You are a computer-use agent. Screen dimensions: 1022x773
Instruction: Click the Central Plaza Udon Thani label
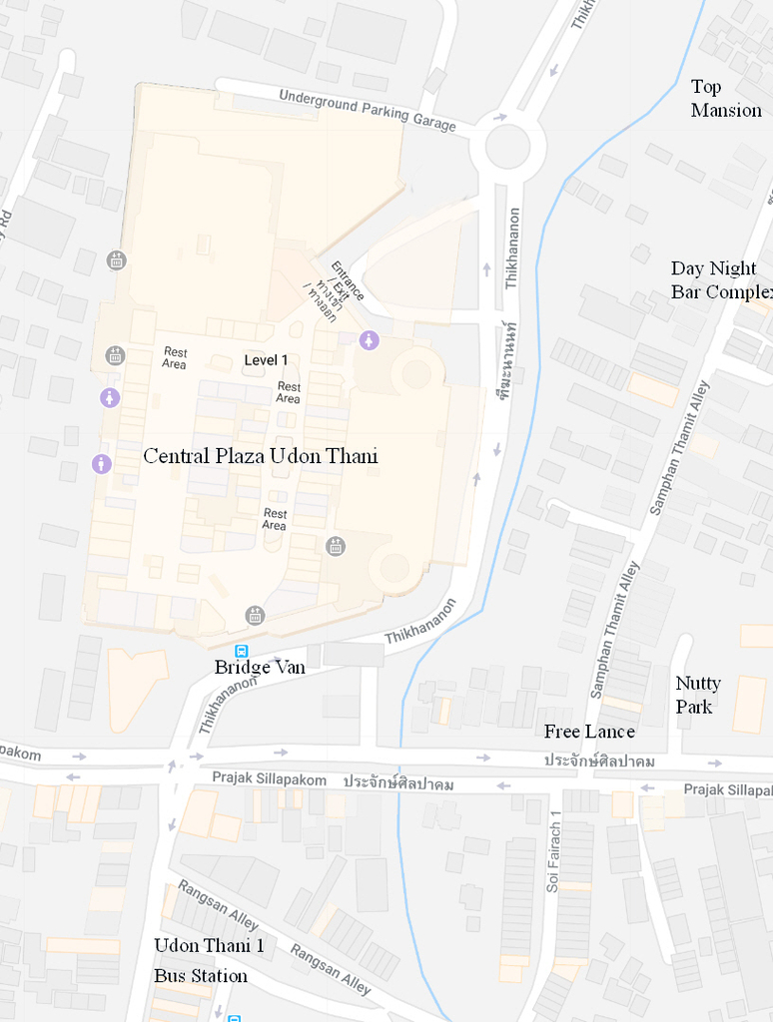pyautogui.click(x=261, y=457)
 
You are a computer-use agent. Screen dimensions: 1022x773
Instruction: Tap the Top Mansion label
pyautogui.click(x=726, y=99)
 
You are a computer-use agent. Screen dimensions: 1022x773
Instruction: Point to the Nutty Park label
pyautogui.click(x=698, y=695)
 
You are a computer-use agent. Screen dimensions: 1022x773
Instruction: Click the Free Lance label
pyautogui.click(x=589, y=732)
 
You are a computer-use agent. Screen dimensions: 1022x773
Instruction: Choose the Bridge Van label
pyautogui.click(x=260, y=667)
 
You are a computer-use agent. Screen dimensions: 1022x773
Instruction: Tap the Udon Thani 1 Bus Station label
pyautogui.click(x=209, y=960)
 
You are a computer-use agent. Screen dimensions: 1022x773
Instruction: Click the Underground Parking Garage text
pyautogui.click(x=367, y=110)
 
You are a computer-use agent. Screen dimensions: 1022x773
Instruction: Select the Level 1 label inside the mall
pyautogui.click(x=266, y=360)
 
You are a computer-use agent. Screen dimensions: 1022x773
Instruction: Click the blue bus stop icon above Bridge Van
pyautogui.click(x=242, y=651)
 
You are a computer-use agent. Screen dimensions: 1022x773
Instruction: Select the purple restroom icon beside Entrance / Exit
pyautogui.click(x=370, y=340)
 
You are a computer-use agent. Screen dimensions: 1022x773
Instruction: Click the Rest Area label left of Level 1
pyautogui.click(x=175, y=358)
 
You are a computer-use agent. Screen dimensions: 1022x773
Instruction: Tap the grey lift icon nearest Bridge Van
pyautogui.click(x=256, y=616)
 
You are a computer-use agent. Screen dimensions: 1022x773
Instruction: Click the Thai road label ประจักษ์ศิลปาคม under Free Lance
pyautogui.click(x=599, y=762)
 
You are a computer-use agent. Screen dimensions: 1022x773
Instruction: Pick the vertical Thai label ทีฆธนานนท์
pyautogui.click(x=509, y=360)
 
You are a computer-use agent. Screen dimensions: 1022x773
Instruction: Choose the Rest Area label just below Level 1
pyautogui.click(x=289, y=393)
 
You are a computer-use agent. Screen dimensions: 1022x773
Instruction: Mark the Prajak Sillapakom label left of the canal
pyautogui.click(x=269, y=779)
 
